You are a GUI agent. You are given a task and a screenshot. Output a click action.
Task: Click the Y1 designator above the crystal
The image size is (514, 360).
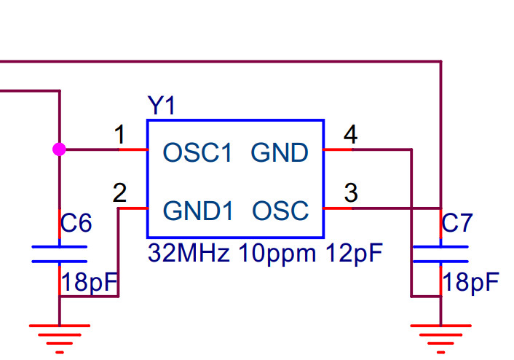161,106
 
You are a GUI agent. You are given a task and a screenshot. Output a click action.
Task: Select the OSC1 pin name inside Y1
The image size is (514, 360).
197,153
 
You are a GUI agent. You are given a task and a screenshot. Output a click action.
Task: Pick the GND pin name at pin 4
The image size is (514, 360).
280,153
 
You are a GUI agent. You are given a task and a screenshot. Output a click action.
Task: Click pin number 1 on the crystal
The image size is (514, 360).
120,135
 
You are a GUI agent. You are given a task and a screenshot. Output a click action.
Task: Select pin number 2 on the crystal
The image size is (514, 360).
120,193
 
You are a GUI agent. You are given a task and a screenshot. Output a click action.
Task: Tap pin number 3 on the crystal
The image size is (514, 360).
351,193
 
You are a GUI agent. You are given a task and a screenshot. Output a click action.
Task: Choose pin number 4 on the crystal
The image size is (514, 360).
351,135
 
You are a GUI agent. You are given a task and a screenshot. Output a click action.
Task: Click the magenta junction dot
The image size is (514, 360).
59,149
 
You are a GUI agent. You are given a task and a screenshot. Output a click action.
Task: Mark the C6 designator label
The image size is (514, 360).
76,224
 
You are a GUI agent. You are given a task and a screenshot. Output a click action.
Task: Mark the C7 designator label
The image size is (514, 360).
458,224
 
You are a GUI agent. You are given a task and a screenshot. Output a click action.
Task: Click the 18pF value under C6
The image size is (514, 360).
88,282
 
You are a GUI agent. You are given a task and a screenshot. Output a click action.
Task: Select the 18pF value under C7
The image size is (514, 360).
471,282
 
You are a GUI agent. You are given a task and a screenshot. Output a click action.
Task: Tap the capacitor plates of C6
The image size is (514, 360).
59,254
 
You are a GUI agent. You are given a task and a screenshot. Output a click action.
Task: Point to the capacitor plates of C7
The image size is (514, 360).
440,254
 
